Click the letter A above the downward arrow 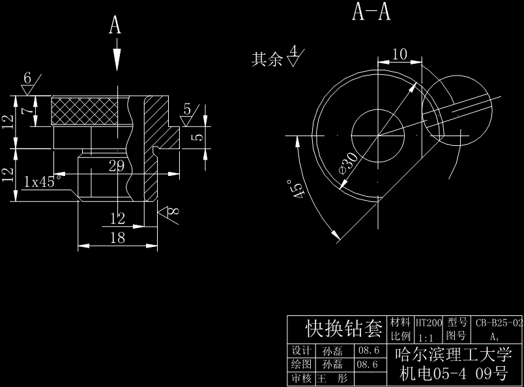pyautogui.click(x=115, y=25)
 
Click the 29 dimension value pyautogui.click(x=117, y=166)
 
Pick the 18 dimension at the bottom pyautogui.click(x=117, y=238)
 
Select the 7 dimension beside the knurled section pyautogui.click(x=27, y=111)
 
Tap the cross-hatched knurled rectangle pyautogui.click(x=84, y=111)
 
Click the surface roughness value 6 pyautogui.click(x=27, y=78)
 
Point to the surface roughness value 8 pyautogui.click(x=174, y=212)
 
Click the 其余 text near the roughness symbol pyautogui.click(x=267, y=60)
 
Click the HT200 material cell pyautogui.click(x=429, y=322)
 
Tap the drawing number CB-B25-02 pyautogui.click(x=499, y=322)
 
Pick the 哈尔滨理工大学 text pyautogui.click(x=454, y=355)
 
